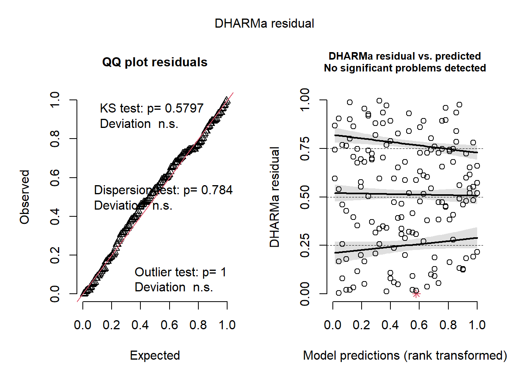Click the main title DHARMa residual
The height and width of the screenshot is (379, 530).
pos(264,24)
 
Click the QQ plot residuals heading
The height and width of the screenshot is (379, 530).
pos(155,62)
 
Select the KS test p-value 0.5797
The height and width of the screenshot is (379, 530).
pos(184,108)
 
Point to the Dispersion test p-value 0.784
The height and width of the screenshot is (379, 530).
pos(217,190)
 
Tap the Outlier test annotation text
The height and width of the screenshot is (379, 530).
pos(180,272)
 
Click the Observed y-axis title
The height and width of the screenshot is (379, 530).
pos(25,197)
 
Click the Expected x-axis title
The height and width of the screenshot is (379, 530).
pos(155,355)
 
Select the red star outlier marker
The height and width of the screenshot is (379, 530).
pos(416,294)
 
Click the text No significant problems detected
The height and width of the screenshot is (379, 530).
pos(405,68)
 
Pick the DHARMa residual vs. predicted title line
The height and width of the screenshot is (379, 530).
pos(405,56)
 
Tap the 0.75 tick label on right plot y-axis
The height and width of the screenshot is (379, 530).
pos(305,149)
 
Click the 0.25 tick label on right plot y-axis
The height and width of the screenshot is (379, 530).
pos(305,246)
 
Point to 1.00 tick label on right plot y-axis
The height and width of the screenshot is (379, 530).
pos(305,100)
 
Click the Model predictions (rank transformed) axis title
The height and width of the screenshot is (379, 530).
pos(405,355)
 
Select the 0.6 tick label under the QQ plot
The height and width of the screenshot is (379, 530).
pos(169,325)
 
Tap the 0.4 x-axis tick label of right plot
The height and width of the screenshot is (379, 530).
pos(390,325)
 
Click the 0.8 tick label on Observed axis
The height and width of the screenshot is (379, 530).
pos(55,139)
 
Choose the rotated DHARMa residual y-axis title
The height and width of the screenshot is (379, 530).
pos(274,197)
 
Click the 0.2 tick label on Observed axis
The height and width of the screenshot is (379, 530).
pos(55,255)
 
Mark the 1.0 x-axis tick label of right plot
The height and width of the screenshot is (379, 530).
pos(477,325)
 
